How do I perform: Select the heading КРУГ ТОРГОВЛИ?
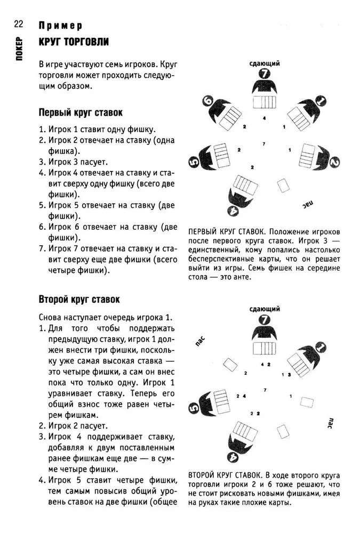pyautogui.click(x=74, y=42)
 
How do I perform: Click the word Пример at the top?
pyautogui.click(x=60, y=26)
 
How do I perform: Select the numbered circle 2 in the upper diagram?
pyautogui.click(x=334, y=161)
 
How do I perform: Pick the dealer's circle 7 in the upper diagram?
pyautogui.click(x=265, y=74)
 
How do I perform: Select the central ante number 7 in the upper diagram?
pyautogui.click(x=263, y=144)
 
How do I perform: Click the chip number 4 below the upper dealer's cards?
pyautogui.click(x=263, y=118)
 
